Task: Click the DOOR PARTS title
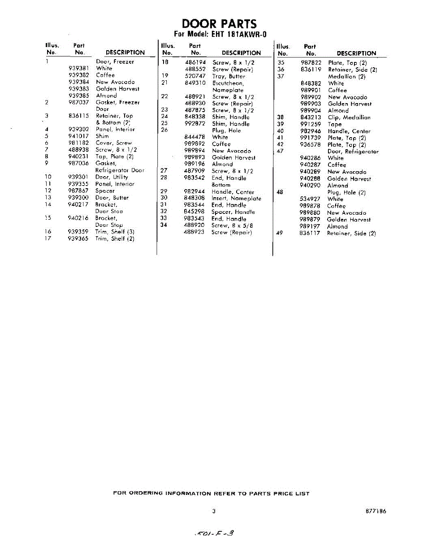(x=219, y=24)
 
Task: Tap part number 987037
(x=79, y=102)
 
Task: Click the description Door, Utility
(x=112, y=177)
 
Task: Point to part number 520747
(x=195, y=76)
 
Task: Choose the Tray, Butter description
(x=229, y=76)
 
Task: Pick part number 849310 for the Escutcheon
(x=195, y=83)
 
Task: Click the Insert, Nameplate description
(x=236, y=198)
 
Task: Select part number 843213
(x=311, y=117)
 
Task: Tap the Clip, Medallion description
(x=349, y=117)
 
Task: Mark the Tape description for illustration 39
(x=335, y=124)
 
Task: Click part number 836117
(x=310, y=233)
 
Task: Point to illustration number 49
(x=280, y=233)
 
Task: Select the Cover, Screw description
(x=114, y=143)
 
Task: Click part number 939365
(x=79, y=239)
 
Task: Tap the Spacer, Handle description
(x=233, y=212)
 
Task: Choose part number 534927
(x=310, y=199)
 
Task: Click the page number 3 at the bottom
(x=214, y=511)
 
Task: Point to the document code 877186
(x=376, y=511)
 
